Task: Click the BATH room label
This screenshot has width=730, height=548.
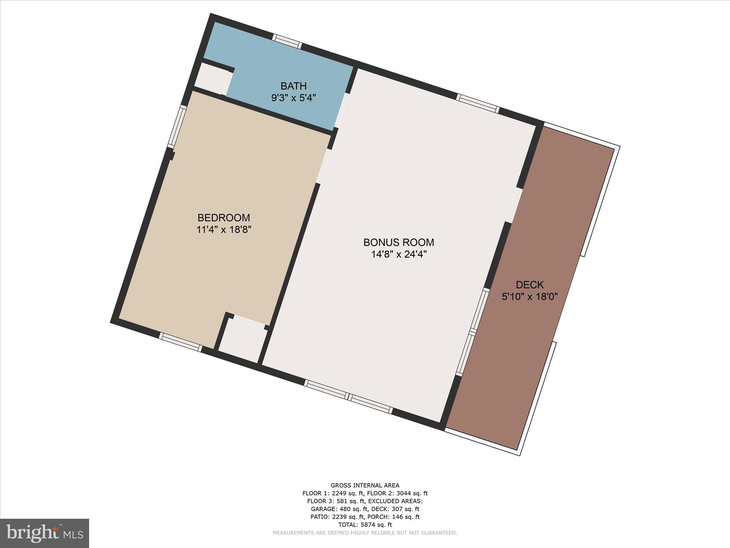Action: point(293,86)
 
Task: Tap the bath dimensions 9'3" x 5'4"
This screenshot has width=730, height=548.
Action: point(293,98)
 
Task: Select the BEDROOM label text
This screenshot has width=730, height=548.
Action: point(224,218)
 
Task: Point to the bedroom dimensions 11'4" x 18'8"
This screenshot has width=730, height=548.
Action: point(224,229)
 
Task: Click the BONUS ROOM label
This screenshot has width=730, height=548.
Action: point(399,243)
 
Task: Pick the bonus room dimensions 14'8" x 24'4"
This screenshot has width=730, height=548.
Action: point(399,254)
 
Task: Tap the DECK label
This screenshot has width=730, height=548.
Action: point(530,285)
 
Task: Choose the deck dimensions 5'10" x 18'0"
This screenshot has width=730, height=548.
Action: point(530,296)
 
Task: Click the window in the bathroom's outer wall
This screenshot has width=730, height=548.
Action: point(287,41)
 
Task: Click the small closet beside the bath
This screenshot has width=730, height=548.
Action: point(212,79)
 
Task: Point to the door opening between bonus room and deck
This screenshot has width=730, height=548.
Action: point(514,205)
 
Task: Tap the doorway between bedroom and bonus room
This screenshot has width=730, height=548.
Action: point(324,166)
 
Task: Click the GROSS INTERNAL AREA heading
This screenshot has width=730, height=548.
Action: point(365,485)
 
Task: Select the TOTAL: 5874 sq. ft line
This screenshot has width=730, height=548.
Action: point(365,525)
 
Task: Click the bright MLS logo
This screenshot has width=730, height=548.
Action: point(45,533)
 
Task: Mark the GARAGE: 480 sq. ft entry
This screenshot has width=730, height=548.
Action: point(339,509)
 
